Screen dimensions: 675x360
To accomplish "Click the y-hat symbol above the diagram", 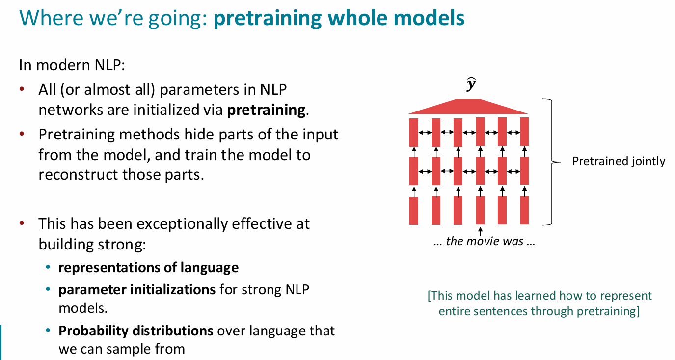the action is coord(471,84).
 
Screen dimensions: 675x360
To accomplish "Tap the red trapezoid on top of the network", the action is coord(468,107).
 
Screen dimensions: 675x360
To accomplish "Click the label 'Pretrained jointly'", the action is coord(619,161).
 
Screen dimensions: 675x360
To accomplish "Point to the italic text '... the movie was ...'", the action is coord(484,241).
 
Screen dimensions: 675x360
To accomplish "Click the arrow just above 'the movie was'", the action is coord(480,231).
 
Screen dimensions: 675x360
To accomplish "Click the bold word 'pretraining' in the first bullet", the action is coord(266,110).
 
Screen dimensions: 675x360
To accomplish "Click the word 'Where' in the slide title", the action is coord(51,18).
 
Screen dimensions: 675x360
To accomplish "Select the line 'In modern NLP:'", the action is coord(72,65).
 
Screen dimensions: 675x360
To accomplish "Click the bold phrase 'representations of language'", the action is coord(149,268).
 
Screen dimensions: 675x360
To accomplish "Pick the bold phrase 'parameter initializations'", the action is coord(137,289).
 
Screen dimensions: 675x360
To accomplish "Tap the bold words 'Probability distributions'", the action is coord(136,331).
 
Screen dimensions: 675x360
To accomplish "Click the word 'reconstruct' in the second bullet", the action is coord(78,174).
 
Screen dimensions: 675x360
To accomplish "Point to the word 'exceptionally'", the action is coord(182,224).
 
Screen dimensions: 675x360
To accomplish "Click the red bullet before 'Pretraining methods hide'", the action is coord(22,134).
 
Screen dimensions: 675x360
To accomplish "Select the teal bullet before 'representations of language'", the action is coord(48,267).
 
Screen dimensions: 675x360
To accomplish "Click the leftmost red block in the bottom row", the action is coord(414,211).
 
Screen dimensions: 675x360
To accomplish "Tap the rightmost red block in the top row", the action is coord(524,132).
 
